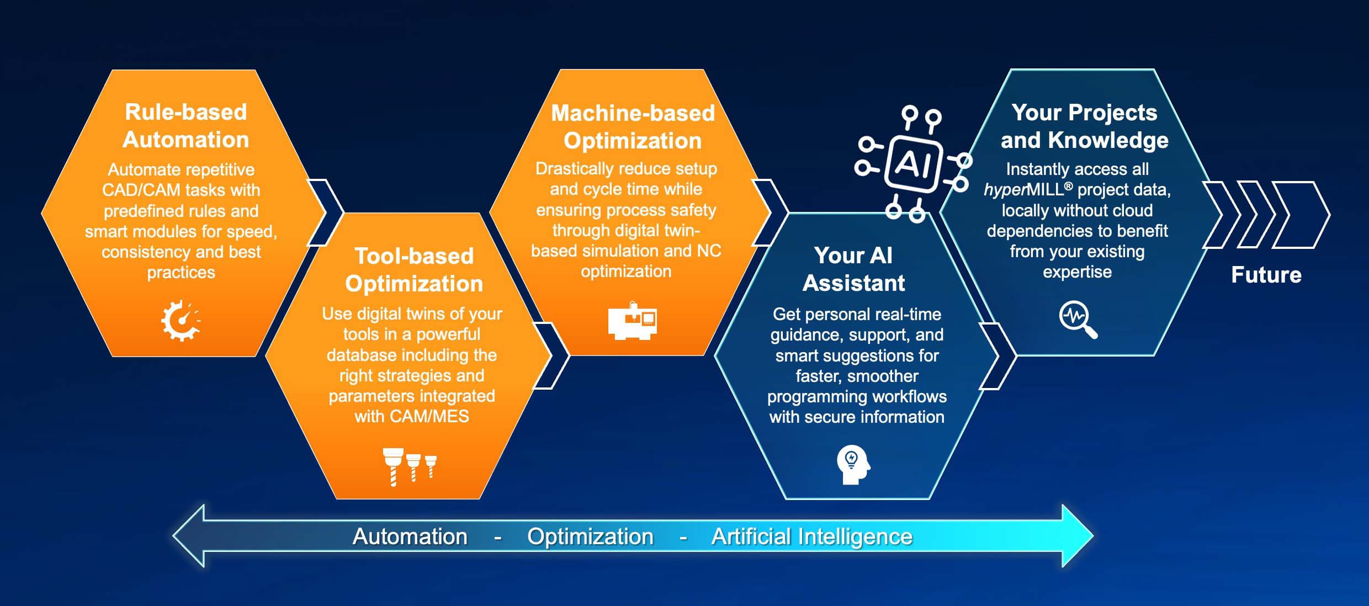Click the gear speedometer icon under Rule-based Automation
pyautogui.click(x=181, y=321)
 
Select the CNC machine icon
pyautogui.click(x=633, y=321)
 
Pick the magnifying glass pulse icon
pyautogui.click(x=1078, y=319)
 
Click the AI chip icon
pyautogui.click(x=913, y=164)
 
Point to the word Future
pyautogui.click(x=1266, y=275)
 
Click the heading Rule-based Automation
pyautogui.click(x=186, y=126)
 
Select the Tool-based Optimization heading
pyautogui.click(x=414, y=270)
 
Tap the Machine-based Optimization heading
pyautogui.click(x=633, y=127)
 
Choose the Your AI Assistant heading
pyautogui.click(x=853, y=269)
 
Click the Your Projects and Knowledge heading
pyautogui.click(x=1084, y=126)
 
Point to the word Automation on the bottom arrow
pyautogui.click(x=410, y=536)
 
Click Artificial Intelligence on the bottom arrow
pyautogui.click(x=812, y=536)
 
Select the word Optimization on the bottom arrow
pyautogui.click(x=590, y=536)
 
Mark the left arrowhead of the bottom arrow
pyautogui.click(x=188, y=535)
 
